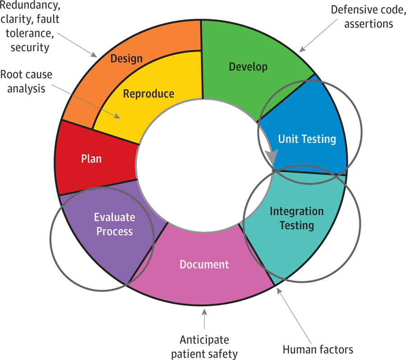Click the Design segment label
(126, 59)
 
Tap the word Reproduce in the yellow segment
(148, 94)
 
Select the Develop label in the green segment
(248, 67)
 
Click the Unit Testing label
(307, 138)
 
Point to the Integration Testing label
(296, 217)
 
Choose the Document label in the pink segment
(204, 264)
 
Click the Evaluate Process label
(114, 224)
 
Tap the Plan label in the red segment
(91, 159)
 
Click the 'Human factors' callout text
(318, 349)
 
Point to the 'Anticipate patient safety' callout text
(204, 346)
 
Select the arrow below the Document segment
(204, 318)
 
